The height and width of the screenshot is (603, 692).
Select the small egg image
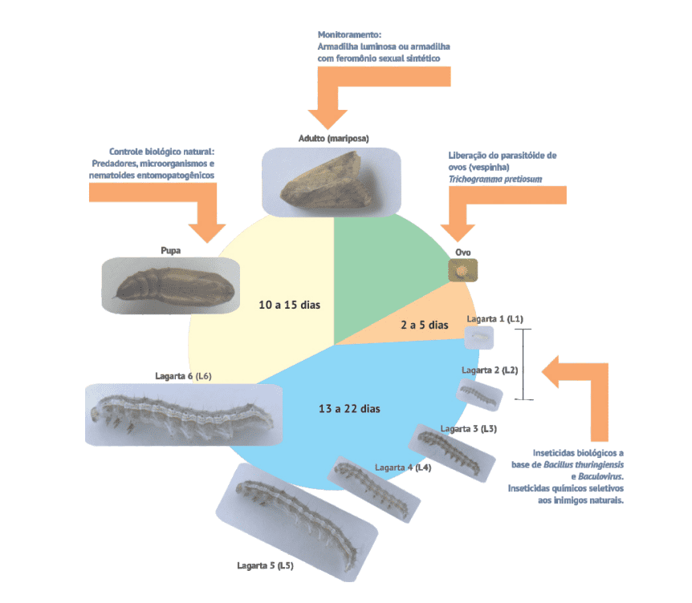pos(462,271)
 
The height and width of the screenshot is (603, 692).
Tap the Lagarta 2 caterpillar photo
pos(480,393)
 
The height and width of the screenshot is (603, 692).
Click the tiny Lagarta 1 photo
pos(479,338)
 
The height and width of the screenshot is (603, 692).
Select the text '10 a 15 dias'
pos(290,306)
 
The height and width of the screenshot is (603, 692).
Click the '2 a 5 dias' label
pos(424,326)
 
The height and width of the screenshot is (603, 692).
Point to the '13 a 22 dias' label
pos(349,408)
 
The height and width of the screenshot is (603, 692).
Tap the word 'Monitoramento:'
pos(349,35)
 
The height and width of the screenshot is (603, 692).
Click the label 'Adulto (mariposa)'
pos(333,138)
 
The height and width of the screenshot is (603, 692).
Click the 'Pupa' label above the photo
pos(170,250)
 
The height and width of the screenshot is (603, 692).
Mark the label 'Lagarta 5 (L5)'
pos(265,566)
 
